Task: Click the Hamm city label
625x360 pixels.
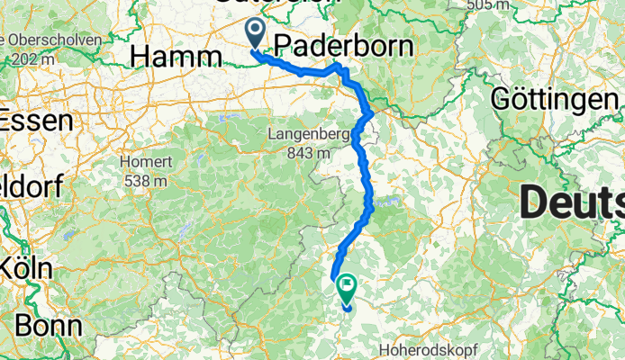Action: pyautogui.click(x=176, y=57)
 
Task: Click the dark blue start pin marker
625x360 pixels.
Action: pyautogui.click(x=256, y=33)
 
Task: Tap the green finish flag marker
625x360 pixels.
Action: pyautogui.click(x=346, y=287)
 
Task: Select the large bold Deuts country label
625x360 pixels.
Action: pyautogui.click(x=572, y=203)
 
